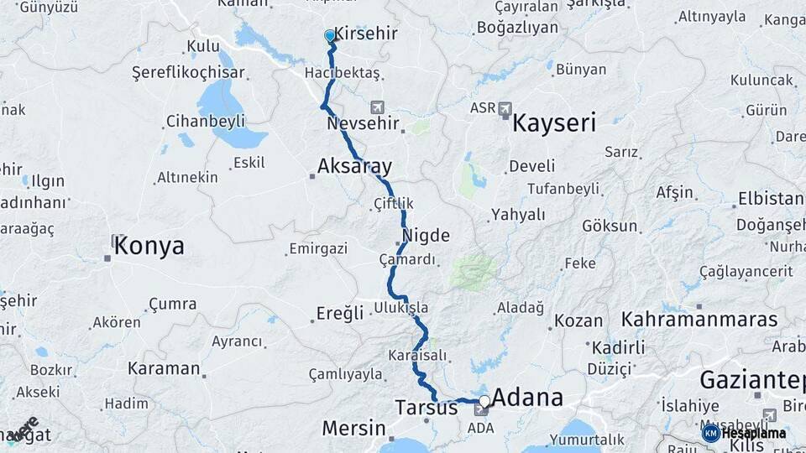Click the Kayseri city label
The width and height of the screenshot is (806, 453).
(x=554, y=124)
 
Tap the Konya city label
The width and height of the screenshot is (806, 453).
(x=149, y=246)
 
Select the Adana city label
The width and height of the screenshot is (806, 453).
(x=526, y=397)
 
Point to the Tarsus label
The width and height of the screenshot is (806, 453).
(x=426, y=408)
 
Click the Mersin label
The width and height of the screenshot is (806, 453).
(x=353, y=428)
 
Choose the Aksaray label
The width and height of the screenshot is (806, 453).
(x=354, y=166)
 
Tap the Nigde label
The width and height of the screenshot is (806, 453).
(x=426, y=236)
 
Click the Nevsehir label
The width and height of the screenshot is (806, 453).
(x=366, y=124)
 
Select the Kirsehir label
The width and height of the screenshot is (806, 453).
(x=366, y=34)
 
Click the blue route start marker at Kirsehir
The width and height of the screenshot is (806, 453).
(x=330, y=36)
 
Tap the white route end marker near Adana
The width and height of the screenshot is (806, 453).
(x=484, y=401)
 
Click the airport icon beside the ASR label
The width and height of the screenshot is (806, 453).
(x=505, y=108)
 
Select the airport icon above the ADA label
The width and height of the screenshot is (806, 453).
(x=482, y=410)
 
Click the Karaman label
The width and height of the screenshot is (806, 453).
(x=164, y=367)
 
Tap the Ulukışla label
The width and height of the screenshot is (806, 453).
(x=400, y=307)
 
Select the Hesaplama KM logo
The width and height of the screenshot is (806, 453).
(x=744, y=433)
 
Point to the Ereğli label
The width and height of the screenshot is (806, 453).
(x=339, y=313)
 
